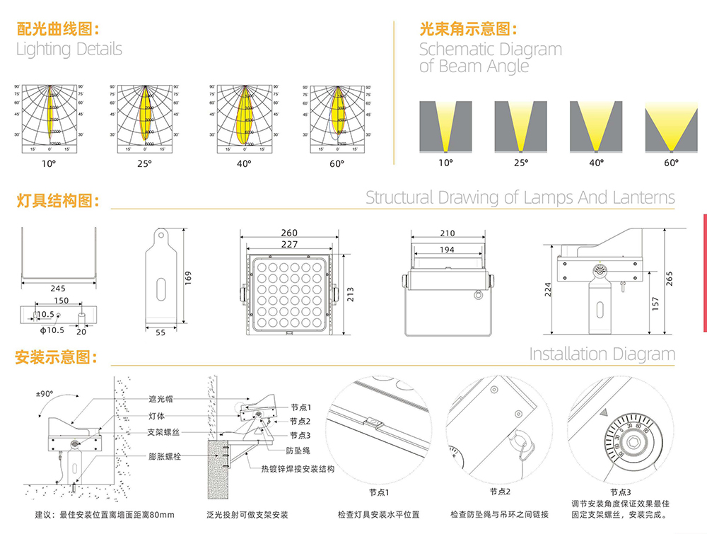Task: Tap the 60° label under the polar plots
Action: click(x=337, y=163)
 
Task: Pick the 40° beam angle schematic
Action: click(x=596, y=126)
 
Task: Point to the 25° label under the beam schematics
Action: click(x=520, y=163)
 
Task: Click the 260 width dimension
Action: click(x=289, y=233)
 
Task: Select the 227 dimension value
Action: click(x=289, y=245)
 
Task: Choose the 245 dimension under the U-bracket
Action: click(x=58, y=289)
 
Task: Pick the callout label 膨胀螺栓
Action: click(x=164, y=457)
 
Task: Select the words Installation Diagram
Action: click(x=602, y=354)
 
